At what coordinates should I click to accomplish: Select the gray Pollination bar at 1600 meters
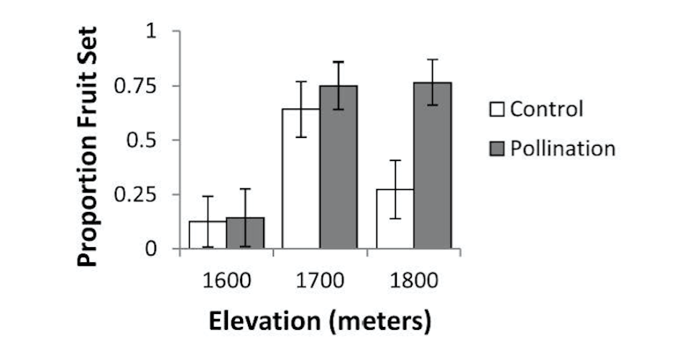pyautogui.click(x=245, y=234)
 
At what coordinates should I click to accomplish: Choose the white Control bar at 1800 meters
pyautogui.click(x=395, y=219)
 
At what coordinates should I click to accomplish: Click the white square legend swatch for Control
pyautogui.click(x=497, y=111)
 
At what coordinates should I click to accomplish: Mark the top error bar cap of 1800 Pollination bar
pyautogui.click(x=432, y=60)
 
